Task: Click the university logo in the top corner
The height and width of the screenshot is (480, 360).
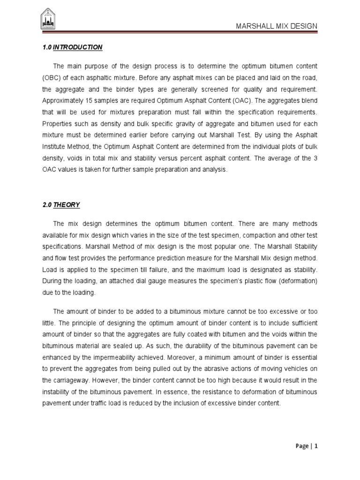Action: pyautogui.click(x=47, y=19)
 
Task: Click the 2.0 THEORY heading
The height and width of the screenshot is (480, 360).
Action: pyautogui.click(x=61, y=205)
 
